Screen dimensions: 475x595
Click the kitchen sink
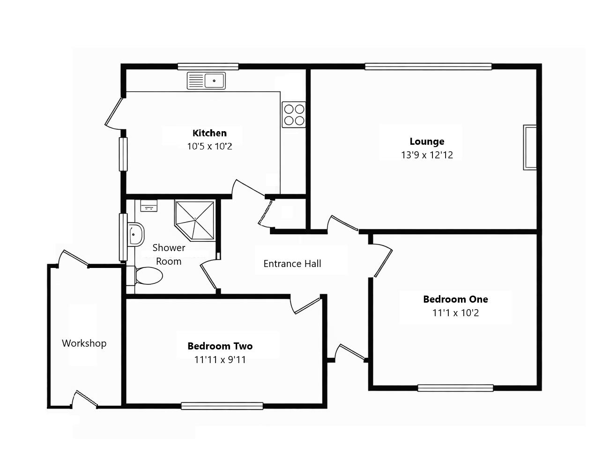pos(206,81)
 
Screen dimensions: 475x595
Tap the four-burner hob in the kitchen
pos(294,115)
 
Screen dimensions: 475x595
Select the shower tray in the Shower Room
pos(195,219)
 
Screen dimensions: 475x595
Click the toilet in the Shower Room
pos(147,276)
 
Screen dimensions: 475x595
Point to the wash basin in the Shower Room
pos(136,233)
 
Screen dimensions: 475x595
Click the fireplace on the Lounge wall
pos(530,147)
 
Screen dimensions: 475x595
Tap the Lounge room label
pos(427,141)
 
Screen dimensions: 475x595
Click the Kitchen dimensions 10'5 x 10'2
pos(209,146)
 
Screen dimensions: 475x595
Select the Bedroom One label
pos(455,299)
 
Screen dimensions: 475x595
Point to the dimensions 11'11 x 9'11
pos(220,360)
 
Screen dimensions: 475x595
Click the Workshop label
pos(84,343)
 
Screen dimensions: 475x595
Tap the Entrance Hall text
pos(292,264)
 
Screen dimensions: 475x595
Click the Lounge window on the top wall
pos(428,67)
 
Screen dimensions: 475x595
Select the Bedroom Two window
pos(222,406)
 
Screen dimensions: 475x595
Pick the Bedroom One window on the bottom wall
pos(455,388)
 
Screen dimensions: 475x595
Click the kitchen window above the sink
pos(208,67)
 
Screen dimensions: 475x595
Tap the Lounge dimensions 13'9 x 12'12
pos(427,155)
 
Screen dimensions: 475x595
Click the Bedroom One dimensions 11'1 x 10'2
pos(455,313)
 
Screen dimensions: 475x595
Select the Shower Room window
pos(123,237)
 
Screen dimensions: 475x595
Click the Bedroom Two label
pos(220,346)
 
